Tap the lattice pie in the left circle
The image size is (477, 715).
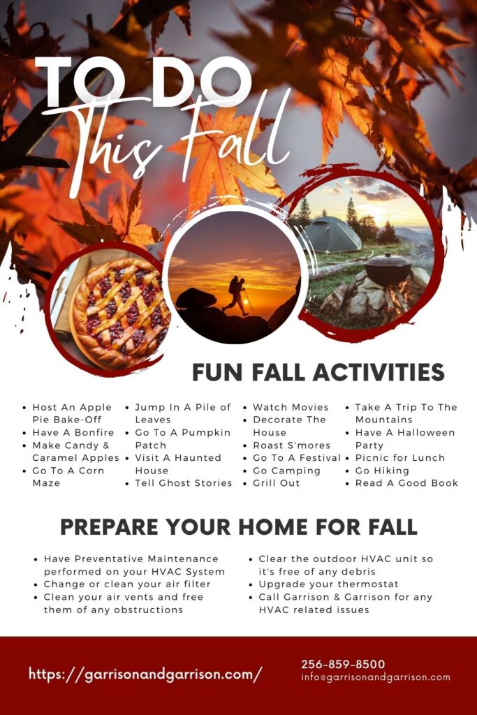pos(119,312)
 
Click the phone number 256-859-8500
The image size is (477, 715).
pos(343,664)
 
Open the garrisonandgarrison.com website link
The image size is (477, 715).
pos(145,674)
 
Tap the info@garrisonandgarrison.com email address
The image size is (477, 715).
pos(376,677)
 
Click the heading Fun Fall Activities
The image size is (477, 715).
pos(318,372)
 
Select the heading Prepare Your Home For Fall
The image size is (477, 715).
pos(238,526)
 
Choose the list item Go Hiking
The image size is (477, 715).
pos(382,471)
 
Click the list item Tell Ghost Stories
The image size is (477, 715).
pos(183,483)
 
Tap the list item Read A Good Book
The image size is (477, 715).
pos(406,483)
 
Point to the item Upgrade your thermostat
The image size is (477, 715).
pos(328,584)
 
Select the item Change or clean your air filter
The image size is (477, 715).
pos(126,584)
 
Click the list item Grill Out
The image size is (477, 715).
pos(276,483)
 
